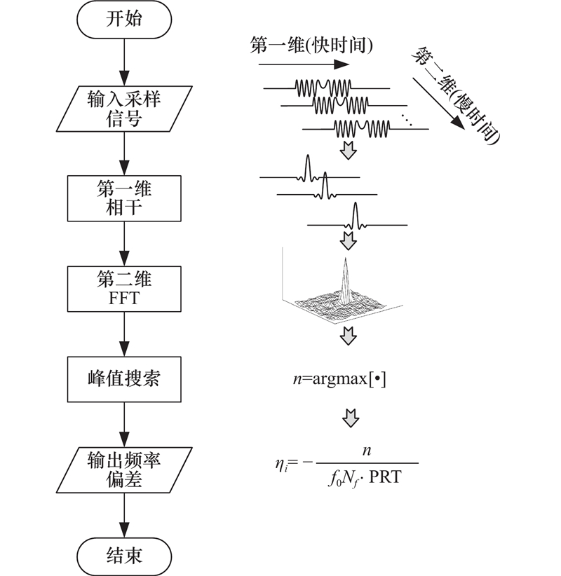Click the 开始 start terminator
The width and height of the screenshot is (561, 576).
click(123, 19)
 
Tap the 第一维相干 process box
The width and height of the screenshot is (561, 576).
click(123, 199)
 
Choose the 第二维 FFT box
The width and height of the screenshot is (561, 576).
click(123, 288)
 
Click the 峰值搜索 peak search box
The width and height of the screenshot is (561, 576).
click(123, 378)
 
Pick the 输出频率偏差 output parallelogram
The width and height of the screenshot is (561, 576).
click(123, 468)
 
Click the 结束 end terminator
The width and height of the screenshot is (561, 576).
click(123, 556)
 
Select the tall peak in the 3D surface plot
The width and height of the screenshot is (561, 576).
click(344, 277)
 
